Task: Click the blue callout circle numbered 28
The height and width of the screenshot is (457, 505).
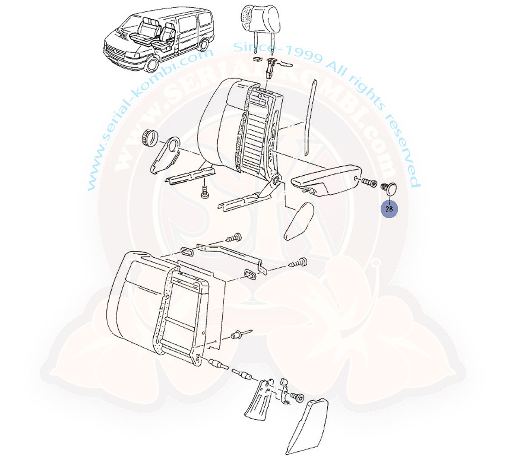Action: [389, 209]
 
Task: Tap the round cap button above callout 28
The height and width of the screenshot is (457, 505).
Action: [389, 188]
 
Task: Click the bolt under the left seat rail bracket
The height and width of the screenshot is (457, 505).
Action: [205, 192]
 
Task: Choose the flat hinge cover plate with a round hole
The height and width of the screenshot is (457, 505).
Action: [166, 155]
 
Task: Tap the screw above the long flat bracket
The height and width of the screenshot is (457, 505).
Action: [235, 238]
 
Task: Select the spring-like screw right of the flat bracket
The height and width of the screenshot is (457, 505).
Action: [298, 262]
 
